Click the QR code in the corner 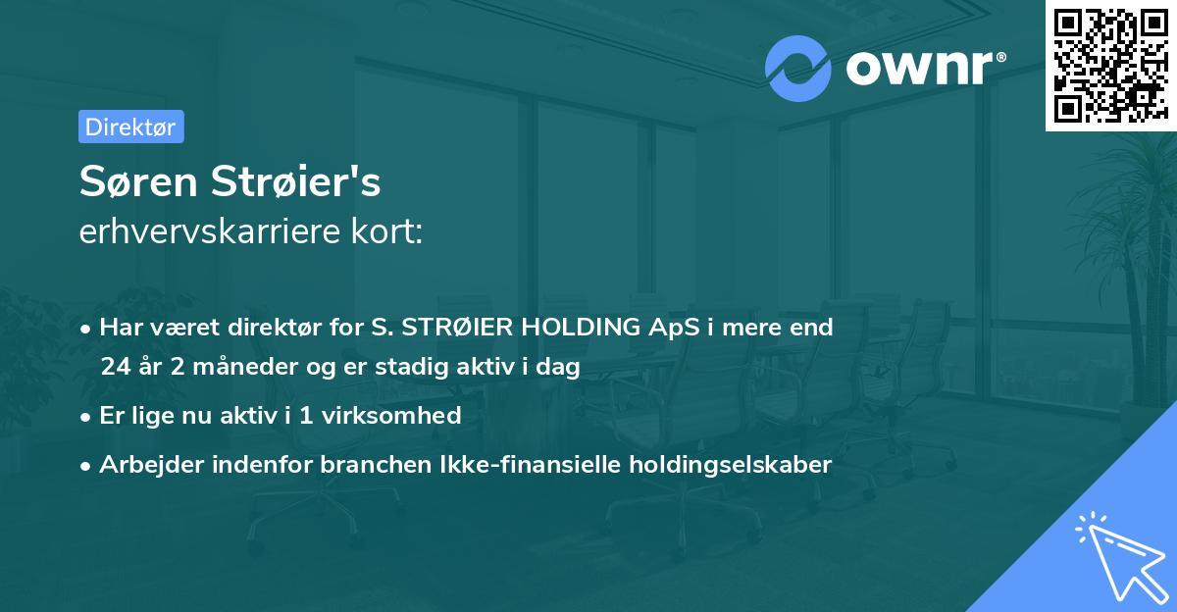[1110, 65]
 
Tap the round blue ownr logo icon [798, 68]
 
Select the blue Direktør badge [130, 127]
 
